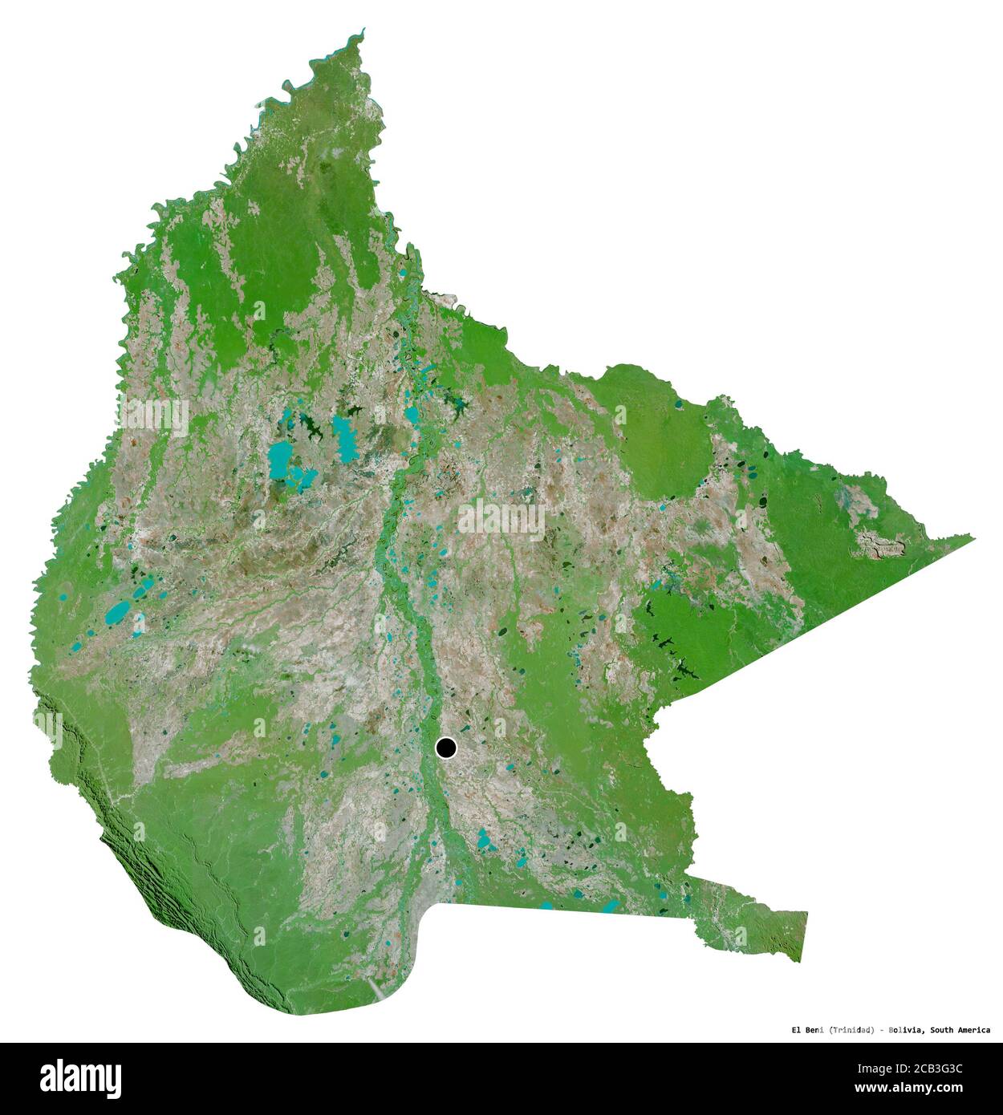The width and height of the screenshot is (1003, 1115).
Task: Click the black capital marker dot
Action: (446, 748)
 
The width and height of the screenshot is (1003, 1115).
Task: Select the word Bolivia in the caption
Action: (906, 1030)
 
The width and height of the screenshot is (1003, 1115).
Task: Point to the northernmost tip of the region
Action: (363, 30)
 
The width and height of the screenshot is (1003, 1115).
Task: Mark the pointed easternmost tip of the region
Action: (973, 537)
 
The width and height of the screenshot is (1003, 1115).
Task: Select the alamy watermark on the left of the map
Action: (152, 416)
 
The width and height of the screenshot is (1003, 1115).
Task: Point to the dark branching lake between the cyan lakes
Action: (314, 432)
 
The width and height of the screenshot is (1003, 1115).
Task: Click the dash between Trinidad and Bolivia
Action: (880, 1030)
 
